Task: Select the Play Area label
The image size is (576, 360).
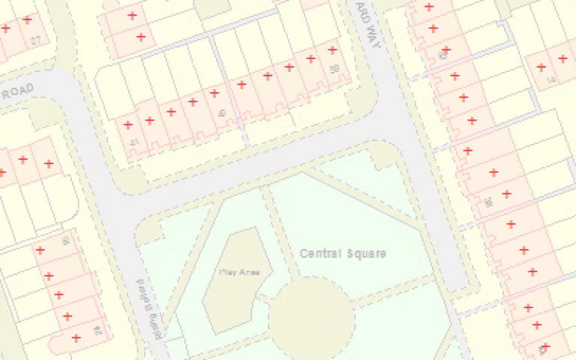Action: pos(239,272)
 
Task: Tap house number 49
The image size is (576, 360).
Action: pos(221,113)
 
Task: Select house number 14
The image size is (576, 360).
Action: pos(551,79)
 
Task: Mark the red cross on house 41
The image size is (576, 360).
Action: pos(128,125)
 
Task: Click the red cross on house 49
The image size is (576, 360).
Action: pos(214,94)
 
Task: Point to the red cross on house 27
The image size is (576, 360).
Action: pos(28,20)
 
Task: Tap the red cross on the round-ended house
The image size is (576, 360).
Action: pos(76,338)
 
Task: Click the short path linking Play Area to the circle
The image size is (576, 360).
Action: pos(265,300)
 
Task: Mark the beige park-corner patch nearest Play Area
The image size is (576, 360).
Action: pos(150,232)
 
